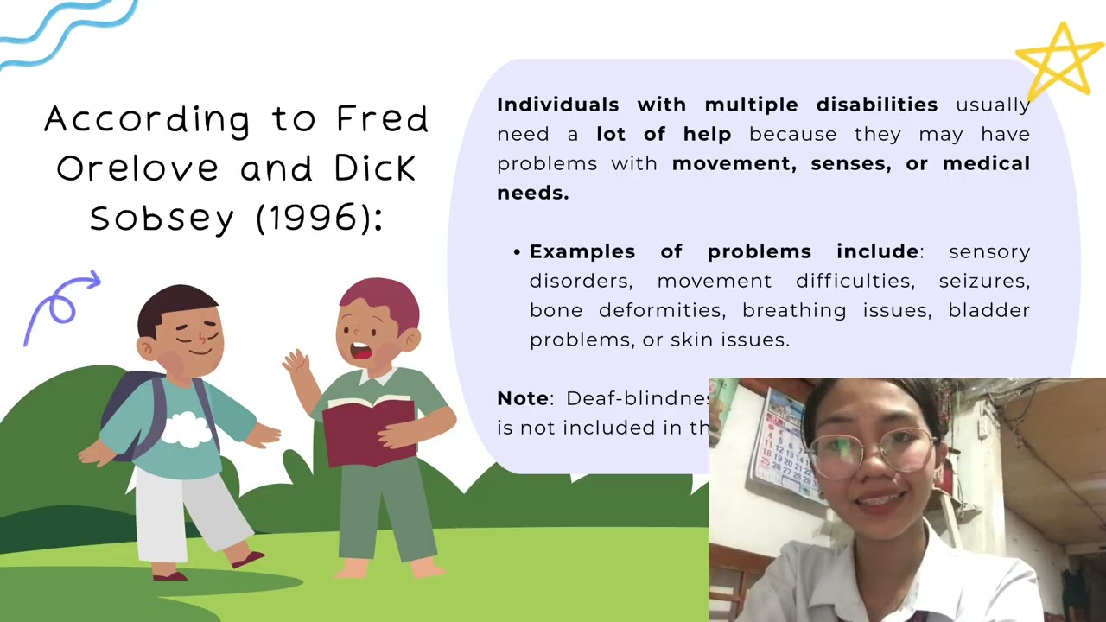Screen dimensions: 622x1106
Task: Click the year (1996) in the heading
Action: click(x=319, y=218)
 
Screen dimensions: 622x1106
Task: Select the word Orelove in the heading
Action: click(x=137, y=168)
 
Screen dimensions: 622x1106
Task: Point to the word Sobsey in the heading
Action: click(x=162, y=218)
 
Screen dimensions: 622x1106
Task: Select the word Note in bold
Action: click(x=523, y=398)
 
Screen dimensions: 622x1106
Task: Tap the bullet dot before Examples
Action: click(x=517, y=252)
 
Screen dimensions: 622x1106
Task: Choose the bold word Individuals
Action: click(x=557, y=105)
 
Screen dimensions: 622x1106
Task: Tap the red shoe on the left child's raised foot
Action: click(x=247, y=560)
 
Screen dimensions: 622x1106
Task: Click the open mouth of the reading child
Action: click(x=359, y=352)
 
